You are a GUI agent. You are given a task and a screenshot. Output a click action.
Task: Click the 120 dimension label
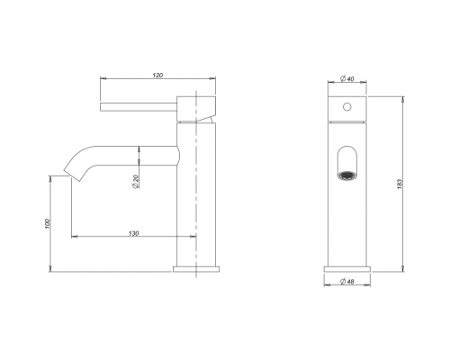click(157, 75)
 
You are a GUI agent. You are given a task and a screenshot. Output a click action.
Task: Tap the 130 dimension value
click(134, 233)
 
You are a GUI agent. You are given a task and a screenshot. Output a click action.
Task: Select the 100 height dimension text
click(47, 224)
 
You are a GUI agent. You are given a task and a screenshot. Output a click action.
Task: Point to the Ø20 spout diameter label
click(135, 181)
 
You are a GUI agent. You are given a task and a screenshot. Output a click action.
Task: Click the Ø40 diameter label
click(347, 78)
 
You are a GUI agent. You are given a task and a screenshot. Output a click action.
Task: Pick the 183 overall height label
click(399, 184)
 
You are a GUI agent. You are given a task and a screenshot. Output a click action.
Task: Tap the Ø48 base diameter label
click(347, 282)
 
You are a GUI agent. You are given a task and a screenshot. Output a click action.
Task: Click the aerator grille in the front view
click(347, 175)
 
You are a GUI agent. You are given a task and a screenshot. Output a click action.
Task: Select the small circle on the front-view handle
click(347, 106)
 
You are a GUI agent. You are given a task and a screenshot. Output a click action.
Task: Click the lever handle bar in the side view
click(139, 107)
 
